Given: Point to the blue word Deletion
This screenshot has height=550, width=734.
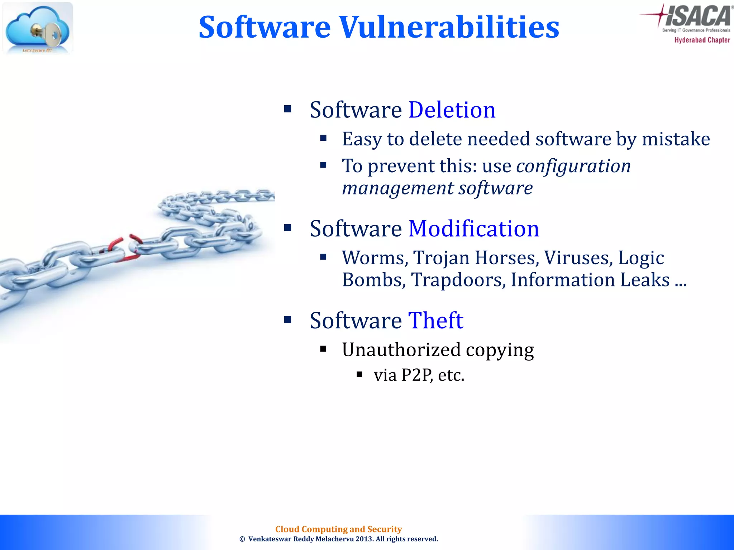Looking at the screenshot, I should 452,110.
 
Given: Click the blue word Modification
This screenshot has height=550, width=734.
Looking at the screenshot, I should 473,229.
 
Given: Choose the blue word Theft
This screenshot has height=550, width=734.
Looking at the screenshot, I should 435,320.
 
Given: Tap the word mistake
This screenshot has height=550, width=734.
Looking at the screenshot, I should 676,139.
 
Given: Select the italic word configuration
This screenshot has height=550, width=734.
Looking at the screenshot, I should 573,166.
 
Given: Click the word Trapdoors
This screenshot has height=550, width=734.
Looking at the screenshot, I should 458,280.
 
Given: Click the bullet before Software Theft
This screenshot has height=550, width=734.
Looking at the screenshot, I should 287,319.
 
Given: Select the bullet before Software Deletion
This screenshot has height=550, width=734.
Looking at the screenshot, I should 287,108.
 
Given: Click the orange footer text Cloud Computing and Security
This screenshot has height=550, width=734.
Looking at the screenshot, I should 338,529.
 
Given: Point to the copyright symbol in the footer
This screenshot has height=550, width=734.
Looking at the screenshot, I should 242,539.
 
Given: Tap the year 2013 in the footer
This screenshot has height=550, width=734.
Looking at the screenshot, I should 364,539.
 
